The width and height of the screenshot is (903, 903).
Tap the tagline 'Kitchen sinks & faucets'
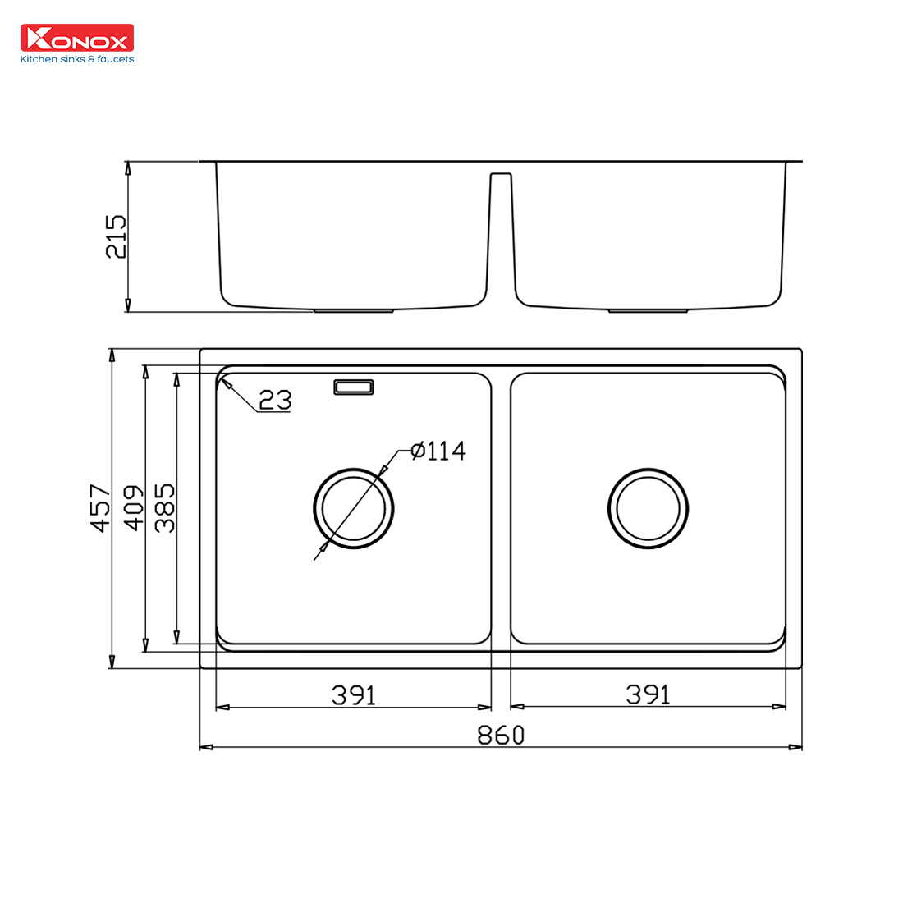[x=76, y=59]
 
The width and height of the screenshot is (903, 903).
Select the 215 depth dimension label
[x=117, y=236]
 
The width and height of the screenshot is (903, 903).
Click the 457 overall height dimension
[x=100, y=507]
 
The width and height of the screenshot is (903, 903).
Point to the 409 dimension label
[x=133, y=507]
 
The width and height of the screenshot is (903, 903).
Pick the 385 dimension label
[x=164, y=507]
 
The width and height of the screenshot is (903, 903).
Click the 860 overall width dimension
[x=500, y=735]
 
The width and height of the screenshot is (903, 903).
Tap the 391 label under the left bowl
[x=354, y=695]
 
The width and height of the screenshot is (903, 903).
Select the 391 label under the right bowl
[x=648, y=695]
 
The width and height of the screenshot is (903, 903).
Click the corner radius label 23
[x=275, y=400]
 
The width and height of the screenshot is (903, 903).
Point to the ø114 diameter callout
[x=438, y=451]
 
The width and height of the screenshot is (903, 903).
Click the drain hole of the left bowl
[x=354, y=508]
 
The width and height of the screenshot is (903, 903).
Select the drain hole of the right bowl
[x=648, y=508]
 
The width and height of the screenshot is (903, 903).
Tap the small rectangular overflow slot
[x=354, y=387]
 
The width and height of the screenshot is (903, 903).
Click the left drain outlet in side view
[x=354, y=311]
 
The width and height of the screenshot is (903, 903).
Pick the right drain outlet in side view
[x=648, y=311]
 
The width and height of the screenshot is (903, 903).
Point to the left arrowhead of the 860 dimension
[x=205, y=747]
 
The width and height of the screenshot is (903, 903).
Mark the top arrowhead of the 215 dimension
[x=127, y=167]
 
